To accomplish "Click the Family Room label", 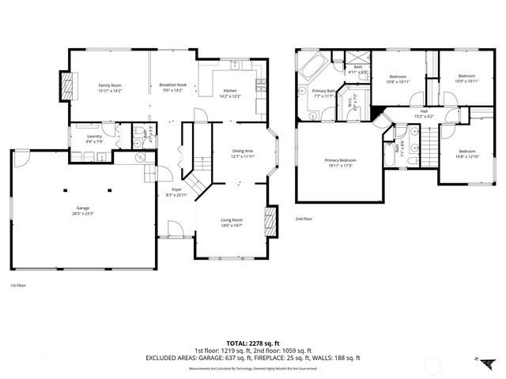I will [x=110, y=84].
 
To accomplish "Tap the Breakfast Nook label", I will [x=172, y=84].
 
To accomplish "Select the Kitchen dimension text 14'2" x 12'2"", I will [x=229, y=96].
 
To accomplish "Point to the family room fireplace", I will [x=66, y=84].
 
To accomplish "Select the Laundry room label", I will [x=93, y=137].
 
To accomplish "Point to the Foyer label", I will [x=177, y=189].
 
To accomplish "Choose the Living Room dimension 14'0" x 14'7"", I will [x=232, y=226].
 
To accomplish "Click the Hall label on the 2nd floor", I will [x=424, y=111].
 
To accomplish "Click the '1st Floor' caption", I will [x=19, y=285].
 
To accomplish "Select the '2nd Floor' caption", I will [x=304, y=219].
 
